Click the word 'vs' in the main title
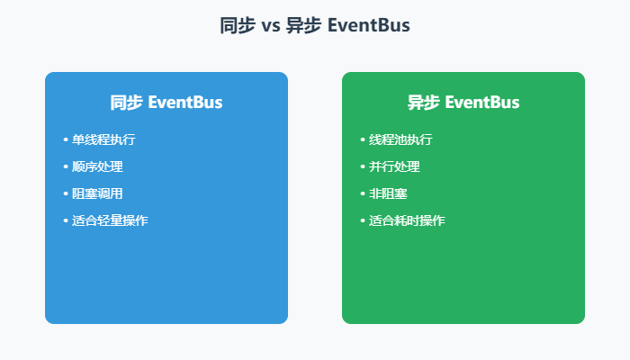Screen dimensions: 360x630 coord(270,26)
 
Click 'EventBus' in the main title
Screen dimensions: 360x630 coord(369,26)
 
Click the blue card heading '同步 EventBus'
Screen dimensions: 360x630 coord(166,103)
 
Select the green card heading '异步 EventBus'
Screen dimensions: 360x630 coord(463,103)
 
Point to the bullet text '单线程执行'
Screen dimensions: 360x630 coord(103,140)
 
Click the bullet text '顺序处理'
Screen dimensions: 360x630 coord(97,167)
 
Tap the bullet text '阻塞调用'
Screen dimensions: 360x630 coord(97,194)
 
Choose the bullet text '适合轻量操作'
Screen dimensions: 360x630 coord(110,221)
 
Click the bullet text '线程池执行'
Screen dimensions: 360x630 coord(400,140)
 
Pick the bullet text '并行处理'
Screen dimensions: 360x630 coord(394,167)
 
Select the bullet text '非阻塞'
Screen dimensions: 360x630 coord(388,194)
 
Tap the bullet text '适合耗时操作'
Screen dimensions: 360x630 coord(407,221)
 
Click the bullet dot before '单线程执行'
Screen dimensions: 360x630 coord(66,140)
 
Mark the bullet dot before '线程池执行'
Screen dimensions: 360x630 coord(363,140)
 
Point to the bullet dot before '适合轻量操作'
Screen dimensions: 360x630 coord(66,221)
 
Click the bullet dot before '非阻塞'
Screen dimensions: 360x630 coord(363,194)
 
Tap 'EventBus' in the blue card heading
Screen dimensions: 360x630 coord(184,103)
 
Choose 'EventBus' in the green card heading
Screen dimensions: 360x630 coord(481,103)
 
